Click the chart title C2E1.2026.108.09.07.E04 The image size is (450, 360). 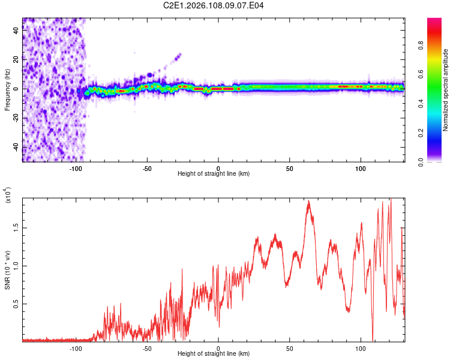click(214, 6)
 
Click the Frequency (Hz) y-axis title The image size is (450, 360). click(8, 89)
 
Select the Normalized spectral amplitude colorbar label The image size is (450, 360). click(446, 91)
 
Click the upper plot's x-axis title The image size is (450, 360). click(214, 173)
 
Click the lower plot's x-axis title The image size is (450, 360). click(214, 353)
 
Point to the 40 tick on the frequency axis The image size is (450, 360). click(15, 31)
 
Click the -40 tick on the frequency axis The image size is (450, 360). click(15, 148)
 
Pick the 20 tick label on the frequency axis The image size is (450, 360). click(15, 60)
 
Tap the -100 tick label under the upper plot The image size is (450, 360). click(76, 168)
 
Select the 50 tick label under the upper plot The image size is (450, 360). click(289, 168)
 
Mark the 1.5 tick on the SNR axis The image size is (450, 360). click(15, 228)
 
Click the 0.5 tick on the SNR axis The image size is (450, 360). click(15, 304)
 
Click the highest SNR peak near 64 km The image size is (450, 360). click(309, 202)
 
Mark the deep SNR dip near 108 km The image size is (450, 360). click(373, 339)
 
